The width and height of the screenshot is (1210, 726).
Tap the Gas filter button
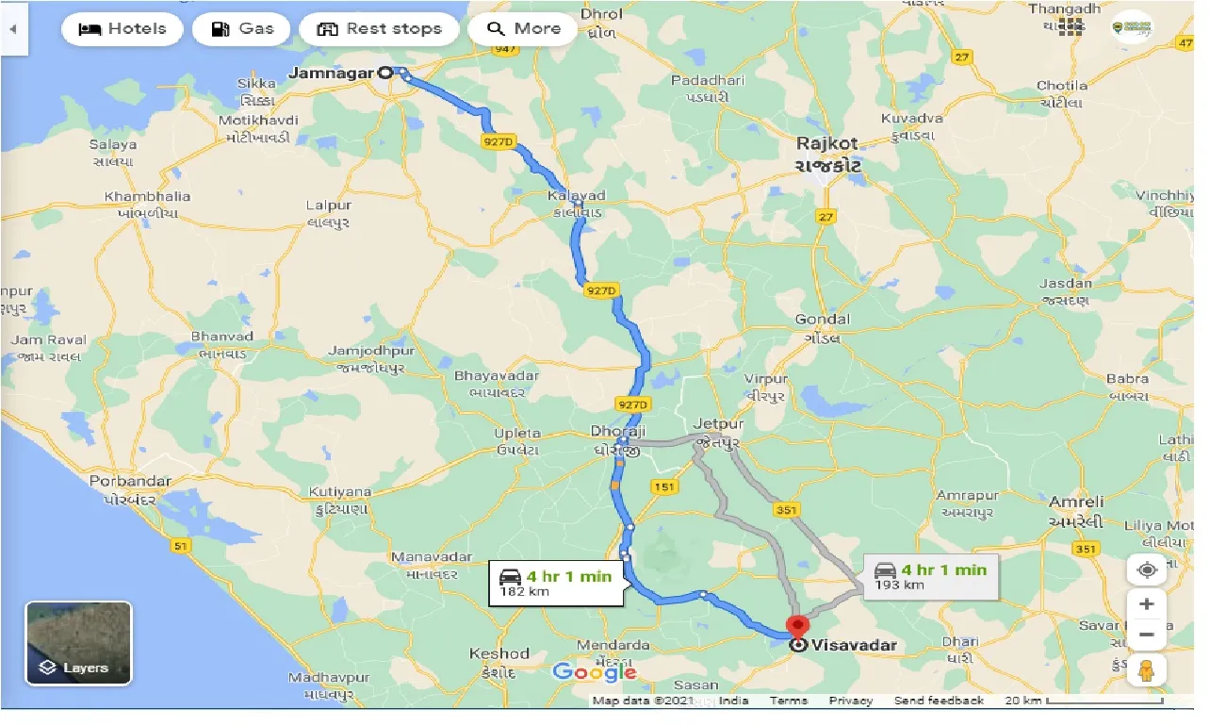[242, 28]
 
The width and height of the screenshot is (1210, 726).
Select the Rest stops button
[380, 28]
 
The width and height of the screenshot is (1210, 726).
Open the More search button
[523, 28]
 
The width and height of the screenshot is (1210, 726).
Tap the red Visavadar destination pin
[798, 626]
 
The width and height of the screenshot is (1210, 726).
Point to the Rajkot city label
[827, 144]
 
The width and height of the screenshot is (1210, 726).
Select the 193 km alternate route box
[931, 576]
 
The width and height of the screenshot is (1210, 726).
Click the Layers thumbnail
[78, 643]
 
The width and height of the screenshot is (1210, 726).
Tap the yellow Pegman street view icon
[1147, 670]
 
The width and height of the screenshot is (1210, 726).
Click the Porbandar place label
[130, 482]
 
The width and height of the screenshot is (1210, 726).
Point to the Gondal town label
[823, 320]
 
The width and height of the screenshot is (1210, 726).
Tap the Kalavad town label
[576, 196]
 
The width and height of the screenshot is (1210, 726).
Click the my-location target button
[1147, 569]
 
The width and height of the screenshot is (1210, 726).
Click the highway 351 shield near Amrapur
[788, 510]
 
